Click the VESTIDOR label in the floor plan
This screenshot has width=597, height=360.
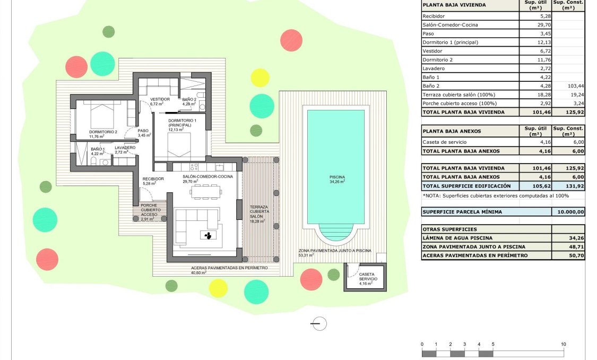[x=160, y=99]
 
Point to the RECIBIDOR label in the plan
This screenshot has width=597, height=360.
[x=153, y=179]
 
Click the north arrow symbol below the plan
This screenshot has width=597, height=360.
[x=319, y=323]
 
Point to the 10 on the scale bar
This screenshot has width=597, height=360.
[x=563, y=345]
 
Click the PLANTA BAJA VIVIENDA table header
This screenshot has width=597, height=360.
[x=454, y=6]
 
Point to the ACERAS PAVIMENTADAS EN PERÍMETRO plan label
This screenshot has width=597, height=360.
[x=229, y=268]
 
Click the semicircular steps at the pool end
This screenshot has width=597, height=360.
[x=335, y=236]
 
